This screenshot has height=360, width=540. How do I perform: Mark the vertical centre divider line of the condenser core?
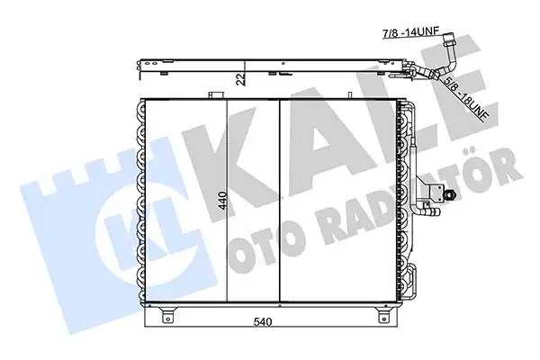pos(280,202)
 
